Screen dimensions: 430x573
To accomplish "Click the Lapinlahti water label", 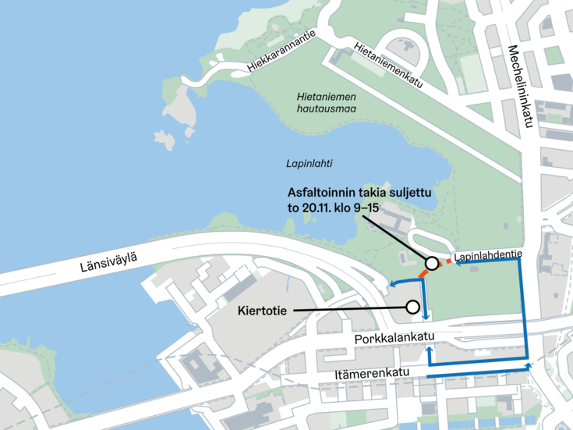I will pos(309,164).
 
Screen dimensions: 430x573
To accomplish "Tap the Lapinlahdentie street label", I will pos(486,255).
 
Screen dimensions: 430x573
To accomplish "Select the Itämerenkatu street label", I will pos(377,374).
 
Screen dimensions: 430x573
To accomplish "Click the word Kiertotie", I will pos(262,311).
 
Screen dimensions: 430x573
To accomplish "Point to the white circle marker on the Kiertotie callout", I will pos(412,307).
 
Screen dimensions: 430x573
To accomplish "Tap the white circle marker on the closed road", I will pos(430,263).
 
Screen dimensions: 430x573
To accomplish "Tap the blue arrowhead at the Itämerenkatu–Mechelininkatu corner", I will pos(529,364).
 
